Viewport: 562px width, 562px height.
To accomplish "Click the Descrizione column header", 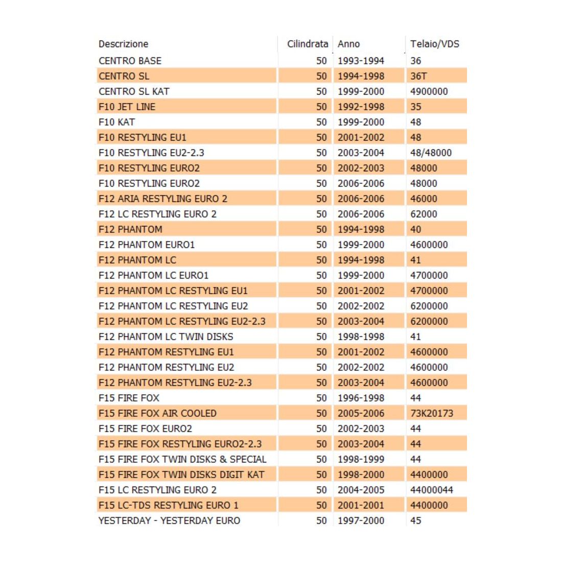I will [x=123, y=44].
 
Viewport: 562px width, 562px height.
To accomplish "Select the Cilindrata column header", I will [x=307, y=44].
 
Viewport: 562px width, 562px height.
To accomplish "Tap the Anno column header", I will [x=348, y=44].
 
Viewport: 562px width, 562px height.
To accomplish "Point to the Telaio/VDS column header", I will [x=434, y=44].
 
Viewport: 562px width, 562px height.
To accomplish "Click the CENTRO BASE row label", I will [x=130, y=61].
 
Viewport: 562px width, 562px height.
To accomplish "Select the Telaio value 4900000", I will [x=429, y=91].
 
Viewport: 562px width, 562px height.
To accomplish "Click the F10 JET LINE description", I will [x=127, y=107].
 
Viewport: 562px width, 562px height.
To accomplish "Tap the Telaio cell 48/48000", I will [x=431, y=153].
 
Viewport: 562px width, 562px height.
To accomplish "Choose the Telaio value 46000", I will [x=424, y=199].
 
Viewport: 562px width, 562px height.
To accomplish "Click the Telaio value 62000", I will [x=424, y=214].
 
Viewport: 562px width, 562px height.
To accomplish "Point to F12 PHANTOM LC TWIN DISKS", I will [x=166, y=337].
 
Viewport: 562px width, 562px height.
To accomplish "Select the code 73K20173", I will [x=432, y=413].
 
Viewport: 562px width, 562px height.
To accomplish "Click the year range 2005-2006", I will [x=361, y=413].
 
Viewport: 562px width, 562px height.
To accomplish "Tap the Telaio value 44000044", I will [x=432, y=490].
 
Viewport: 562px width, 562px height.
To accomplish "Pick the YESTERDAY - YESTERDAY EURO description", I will [x=169, y=521].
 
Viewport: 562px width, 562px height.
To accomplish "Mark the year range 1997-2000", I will [x=361, y=521].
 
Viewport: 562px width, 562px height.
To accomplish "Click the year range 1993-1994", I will [x=361, y=61].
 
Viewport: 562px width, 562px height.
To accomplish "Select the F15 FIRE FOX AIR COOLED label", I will [x=157, y=413].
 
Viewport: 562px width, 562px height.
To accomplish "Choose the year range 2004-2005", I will [x=361, y=490].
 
